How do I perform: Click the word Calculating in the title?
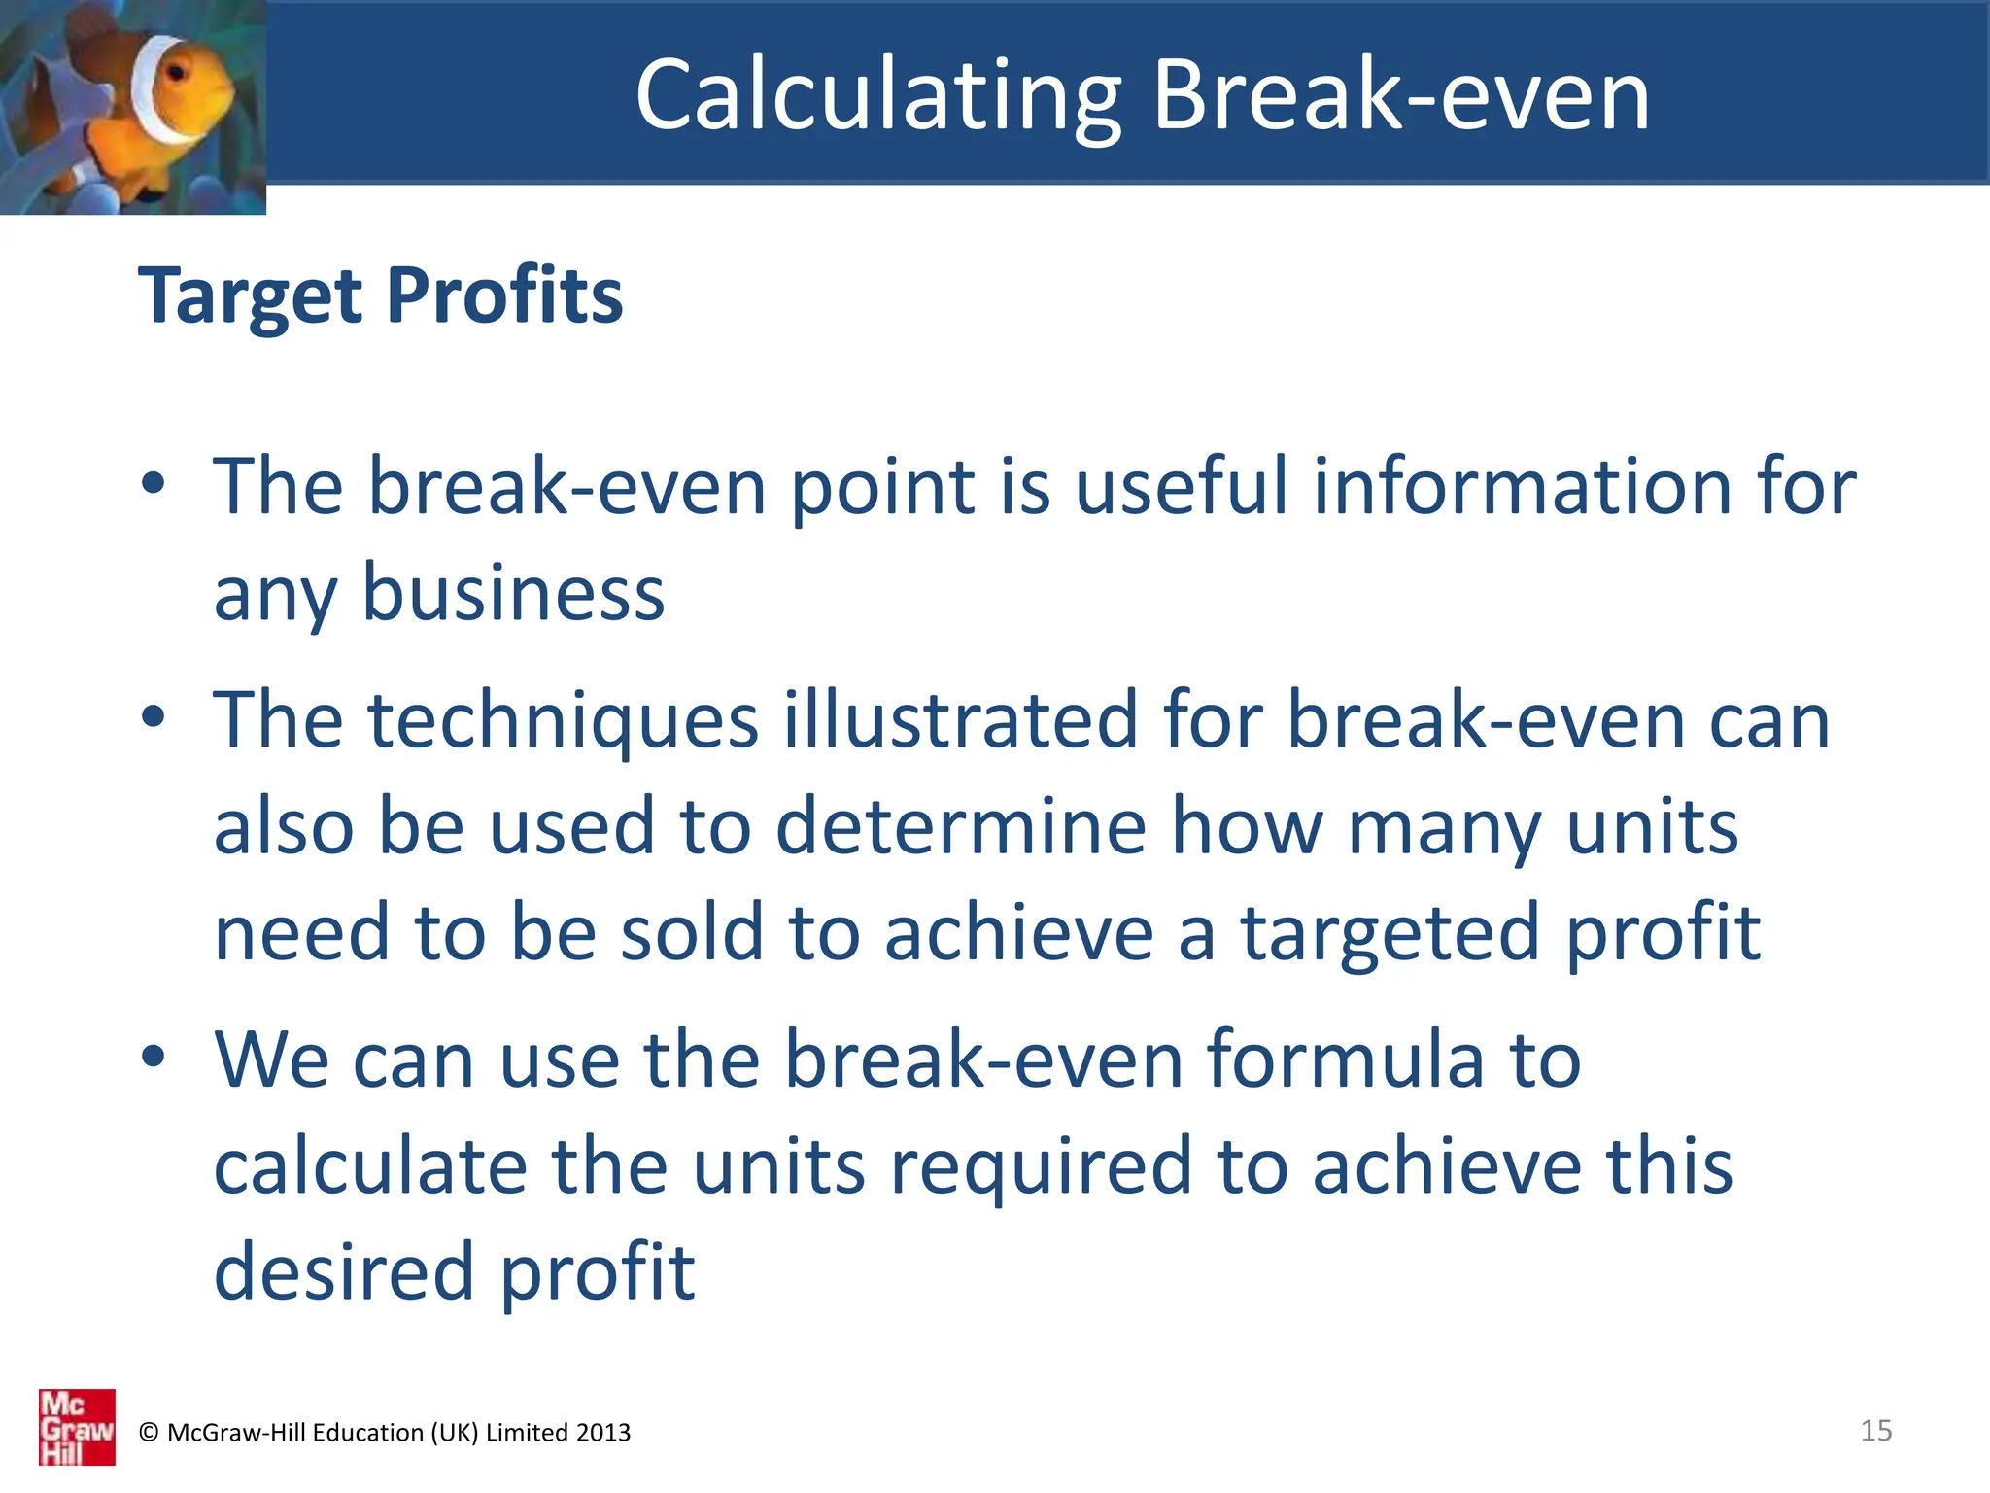[x=878, y=95]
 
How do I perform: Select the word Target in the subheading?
[x=251, y=295]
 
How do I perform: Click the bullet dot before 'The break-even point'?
[x=153, y=483]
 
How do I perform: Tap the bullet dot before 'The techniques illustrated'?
[x=153, y=717]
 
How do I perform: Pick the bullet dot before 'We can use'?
[x=153, y=1057]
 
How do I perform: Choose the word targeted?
[x=1390, y=933]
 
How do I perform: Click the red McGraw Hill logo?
[x=77, y=1427]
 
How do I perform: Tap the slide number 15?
[x=1875, y=1430]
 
